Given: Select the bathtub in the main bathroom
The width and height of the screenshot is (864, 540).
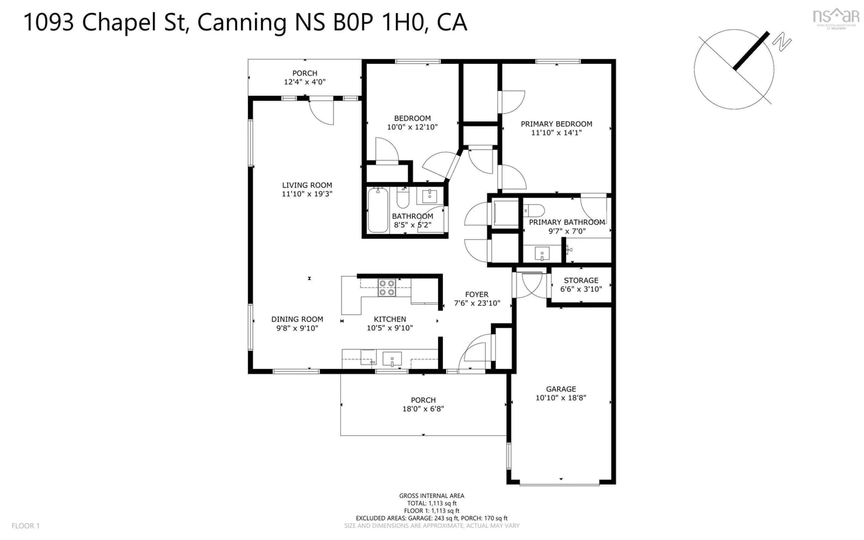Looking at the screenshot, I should (378, 210).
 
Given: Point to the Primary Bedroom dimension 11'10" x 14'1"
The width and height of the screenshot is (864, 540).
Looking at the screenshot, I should (556, 133).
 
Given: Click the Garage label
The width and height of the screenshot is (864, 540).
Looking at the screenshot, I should (560, 389).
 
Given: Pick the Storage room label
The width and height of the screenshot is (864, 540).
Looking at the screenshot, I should (581, 280).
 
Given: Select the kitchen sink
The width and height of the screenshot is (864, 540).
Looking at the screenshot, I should (392, 359).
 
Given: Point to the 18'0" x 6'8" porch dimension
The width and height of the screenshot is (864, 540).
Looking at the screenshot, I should (423, 409).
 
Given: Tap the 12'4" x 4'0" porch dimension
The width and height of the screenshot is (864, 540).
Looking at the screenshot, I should (305, 82).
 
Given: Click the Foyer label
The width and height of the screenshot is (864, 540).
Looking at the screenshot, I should (477, 294).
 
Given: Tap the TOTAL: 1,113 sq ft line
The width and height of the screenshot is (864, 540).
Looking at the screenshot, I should (432, 503).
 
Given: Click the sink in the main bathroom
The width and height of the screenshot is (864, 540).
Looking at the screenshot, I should (430, 196).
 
